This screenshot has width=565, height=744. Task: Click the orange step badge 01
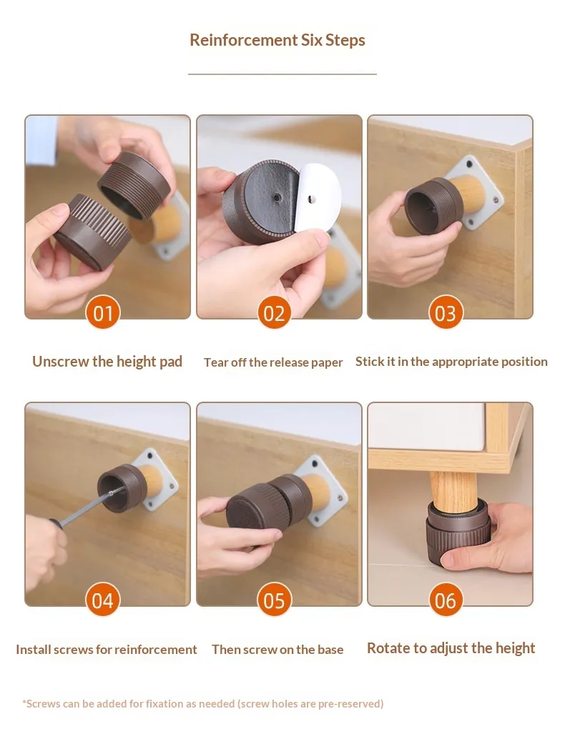point(103,312)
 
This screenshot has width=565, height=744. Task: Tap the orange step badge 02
point(274,312)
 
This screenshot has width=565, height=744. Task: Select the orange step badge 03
point(446,312)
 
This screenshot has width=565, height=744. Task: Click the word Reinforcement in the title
point(244,40)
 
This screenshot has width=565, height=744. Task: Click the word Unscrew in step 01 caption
point(60,362)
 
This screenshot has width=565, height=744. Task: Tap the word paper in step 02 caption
point(327,363)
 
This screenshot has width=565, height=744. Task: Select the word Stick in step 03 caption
point(369,362)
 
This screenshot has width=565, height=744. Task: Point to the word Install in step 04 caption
point(33,649)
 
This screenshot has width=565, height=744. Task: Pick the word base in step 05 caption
point(330,649)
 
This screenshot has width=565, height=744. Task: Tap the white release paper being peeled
point(319,197)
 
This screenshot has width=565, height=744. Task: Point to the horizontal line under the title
point(282,74)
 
